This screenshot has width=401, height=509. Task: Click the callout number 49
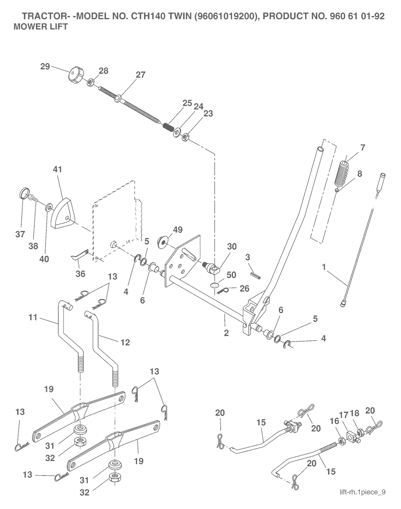tap(177, 230)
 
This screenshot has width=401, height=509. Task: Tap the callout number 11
tap(33, 317)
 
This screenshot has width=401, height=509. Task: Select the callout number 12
tap(125, 342)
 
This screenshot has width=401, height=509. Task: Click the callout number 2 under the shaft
tap(226, 333)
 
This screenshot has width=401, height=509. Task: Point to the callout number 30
tap(232, 246)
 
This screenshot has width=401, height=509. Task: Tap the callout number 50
tap(231, 275)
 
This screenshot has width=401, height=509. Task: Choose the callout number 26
tap(244, 288)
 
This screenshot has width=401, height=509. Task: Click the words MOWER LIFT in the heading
tap(41, 27)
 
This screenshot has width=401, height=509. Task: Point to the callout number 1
tap(324, 267)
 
